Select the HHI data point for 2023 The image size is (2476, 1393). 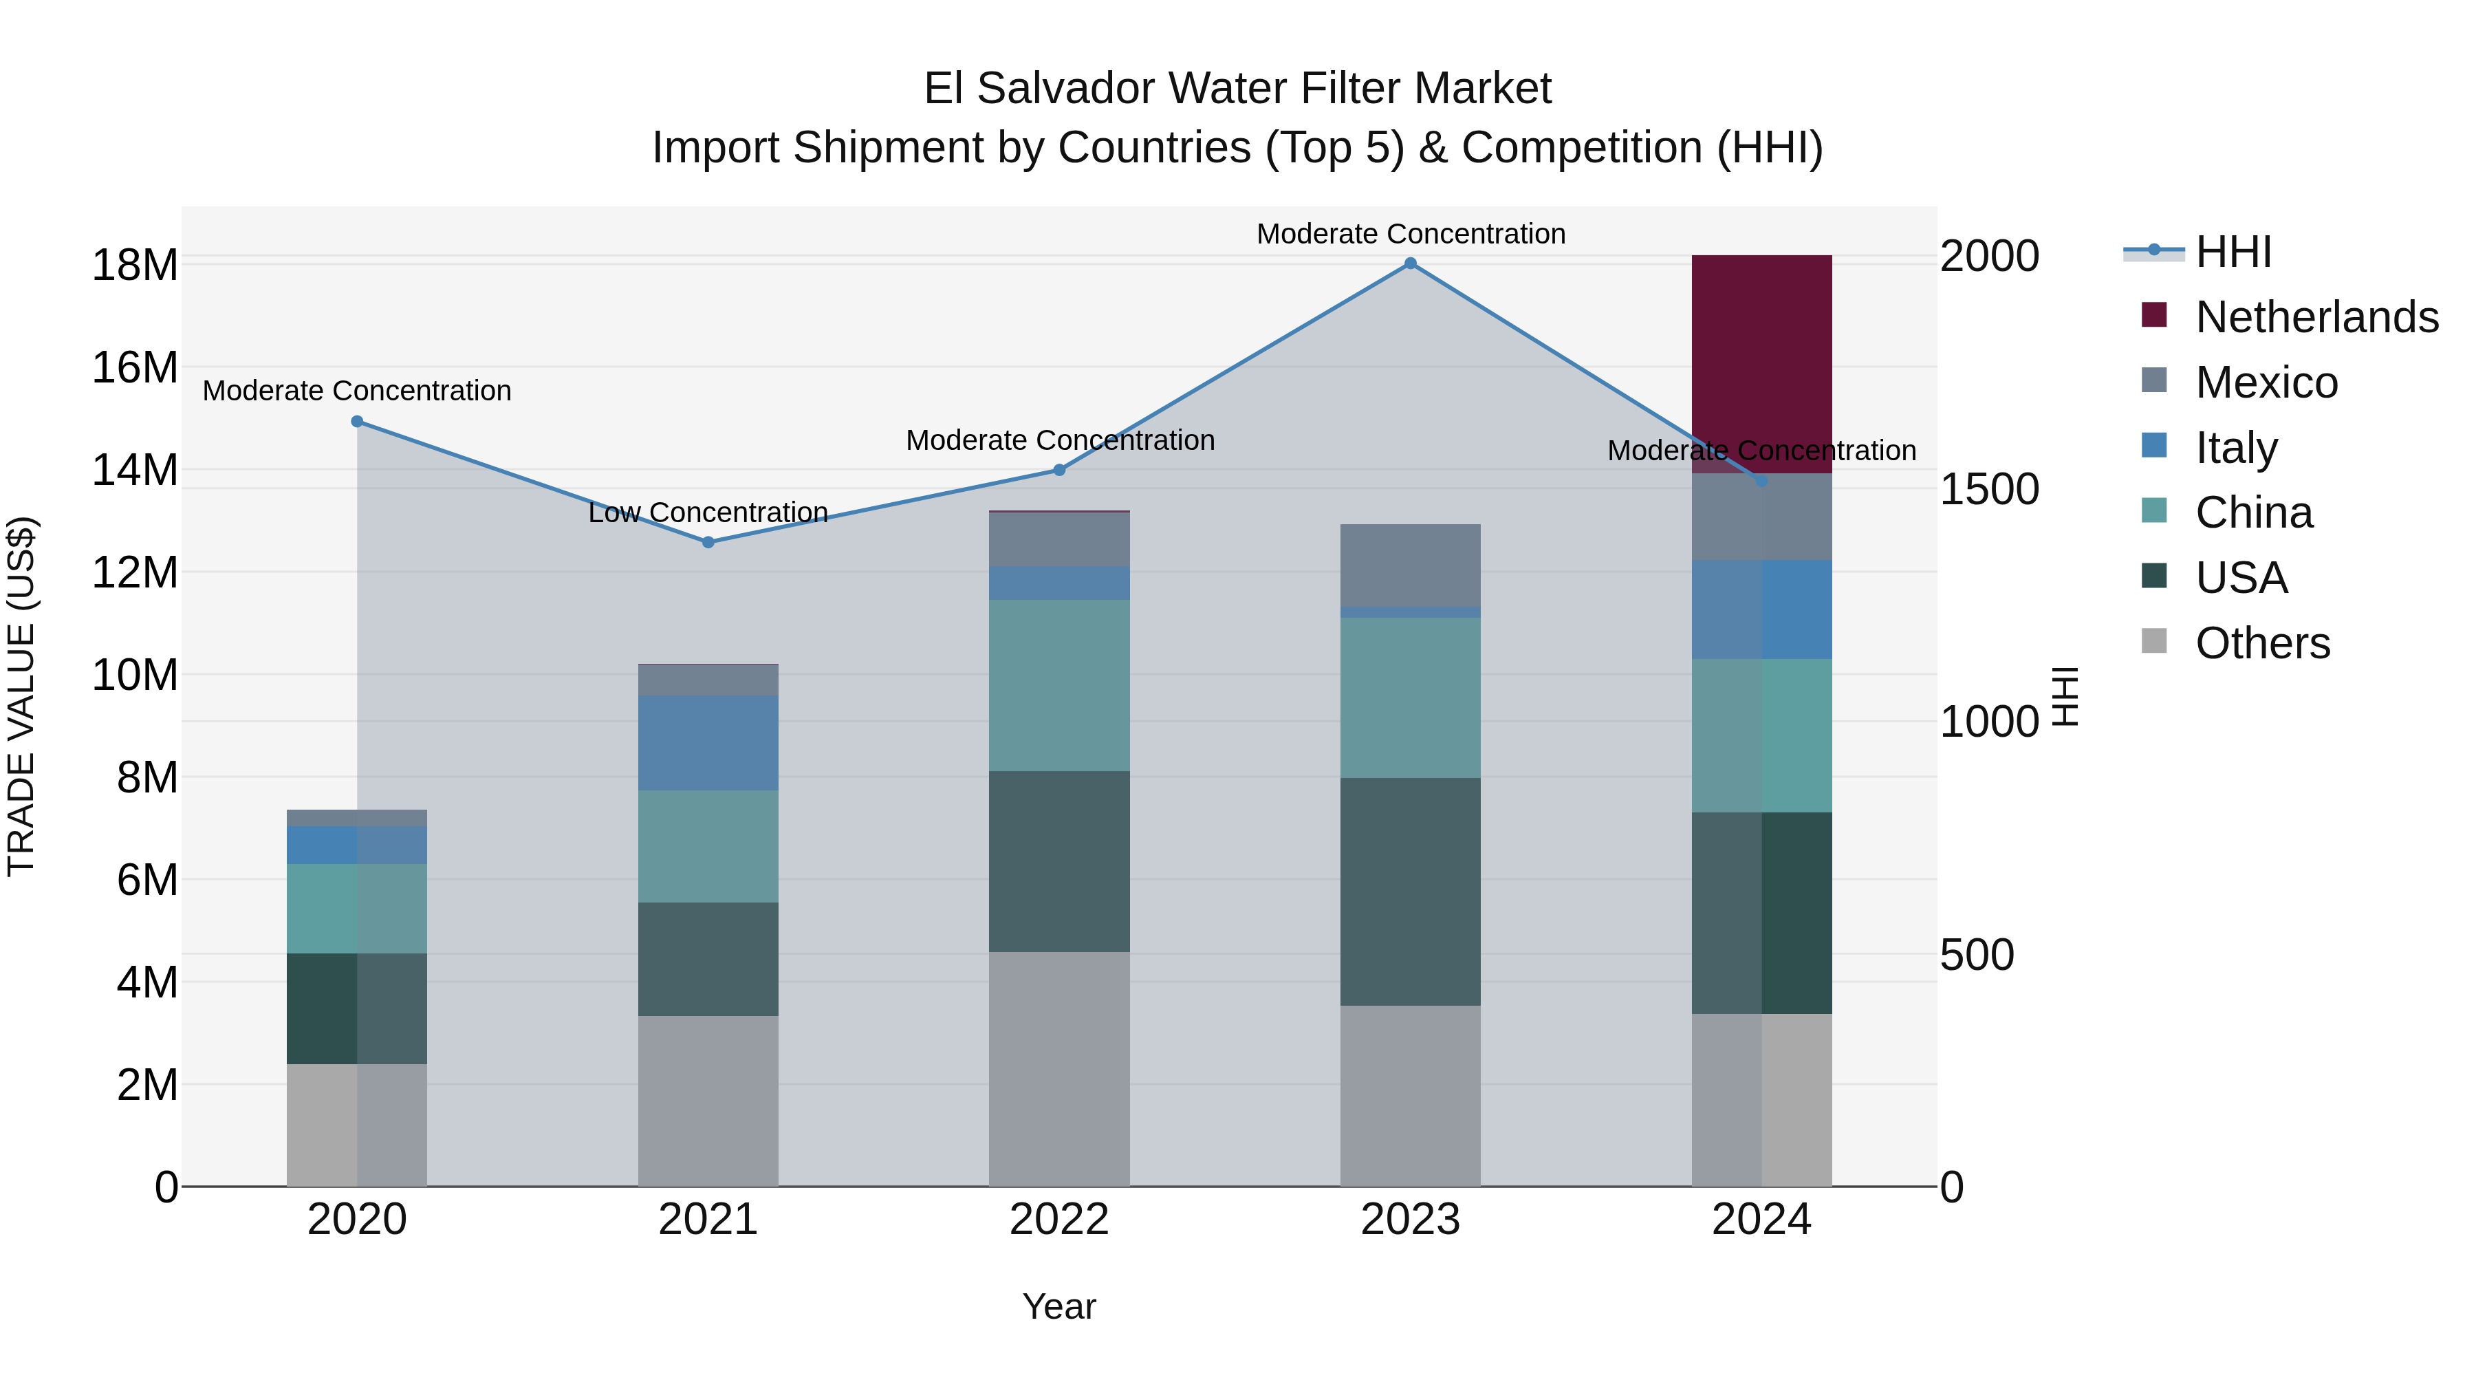coord(1410,263)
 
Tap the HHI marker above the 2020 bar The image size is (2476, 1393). coord(356,421)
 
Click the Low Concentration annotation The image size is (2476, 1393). coord(708,512)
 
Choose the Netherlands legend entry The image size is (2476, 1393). coord(2316,317)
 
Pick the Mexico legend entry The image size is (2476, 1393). coord(2266,382)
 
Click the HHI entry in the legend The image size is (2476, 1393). coord(2233,252)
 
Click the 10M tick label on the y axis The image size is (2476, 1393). coord(135,676)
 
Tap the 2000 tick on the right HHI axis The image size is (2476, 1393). coord(1988,257)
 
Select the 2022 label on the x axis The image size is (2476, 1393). coord(1058,1220)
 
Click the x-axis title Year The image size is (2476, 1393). coord(1058,1306)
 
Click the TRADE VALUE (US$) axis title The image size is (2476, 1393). coord(21,696)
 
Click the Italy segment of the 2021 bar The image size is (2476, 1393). coord(708,742)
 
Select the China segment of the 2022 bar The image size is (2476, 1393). coord(1058,684)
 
